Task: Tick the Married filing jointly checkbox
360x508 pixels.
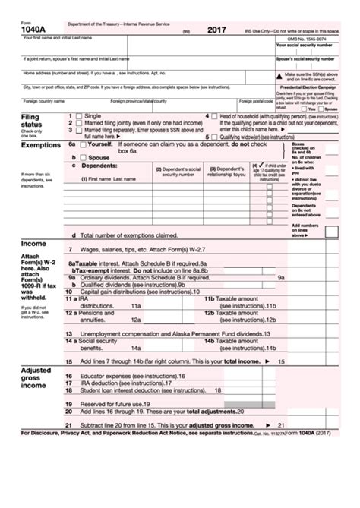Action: (x=80, y=124)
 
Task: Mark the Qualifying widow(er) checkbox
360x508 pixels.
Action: (x=215, y=136)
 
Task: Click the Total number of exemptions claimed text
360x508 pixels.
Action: (x=125, y=235)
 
